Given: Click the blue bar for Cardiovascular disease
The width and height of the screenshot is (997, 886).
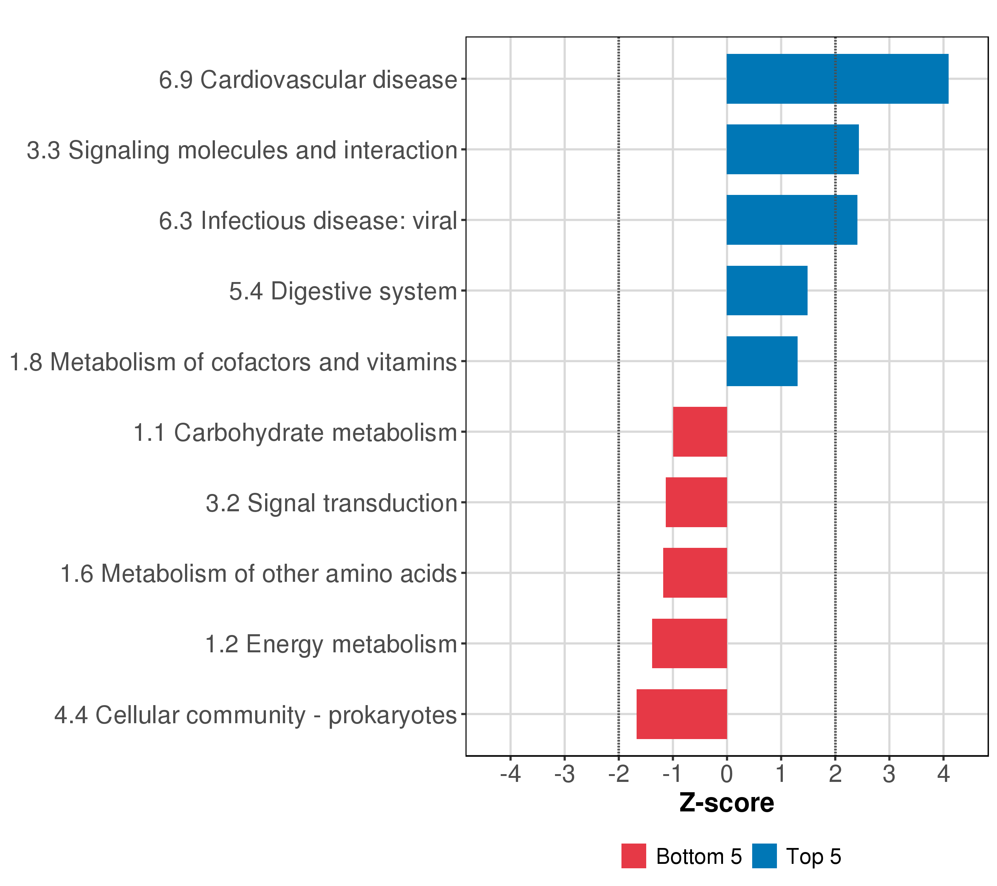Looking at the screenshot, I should [837, 79].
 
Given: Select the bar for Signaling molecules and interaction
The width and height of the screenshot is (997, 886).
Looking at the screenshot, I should [792, 149].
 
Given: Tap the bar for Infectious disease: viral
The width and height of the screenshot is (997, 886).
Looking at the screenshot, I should [791, 220].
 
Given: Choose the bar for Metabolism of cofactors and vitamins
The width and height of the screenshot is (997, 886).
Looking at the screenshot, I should [761, 361].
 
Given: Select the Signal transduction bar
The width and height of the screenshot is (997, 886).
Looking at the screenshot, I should [696, 502].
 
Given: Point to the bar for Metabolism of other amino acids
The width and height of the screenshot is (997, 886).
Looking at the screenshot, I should [695, 573].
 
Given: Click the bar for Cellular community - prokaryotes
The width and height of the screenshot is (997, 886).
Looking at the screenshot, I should [681, 714].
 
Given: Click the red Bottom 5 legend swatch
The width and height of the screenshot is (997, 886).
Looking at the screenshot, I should [633, 856].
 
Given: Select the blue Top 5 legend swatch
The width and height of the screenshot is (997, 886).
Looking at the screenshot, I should [764, 856].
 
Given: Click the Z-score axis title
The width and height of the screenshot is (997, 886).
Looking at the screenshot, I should [726, 803].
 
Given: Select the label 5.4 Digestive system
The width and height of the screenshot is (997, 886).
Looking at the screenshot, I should [343, 292].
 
